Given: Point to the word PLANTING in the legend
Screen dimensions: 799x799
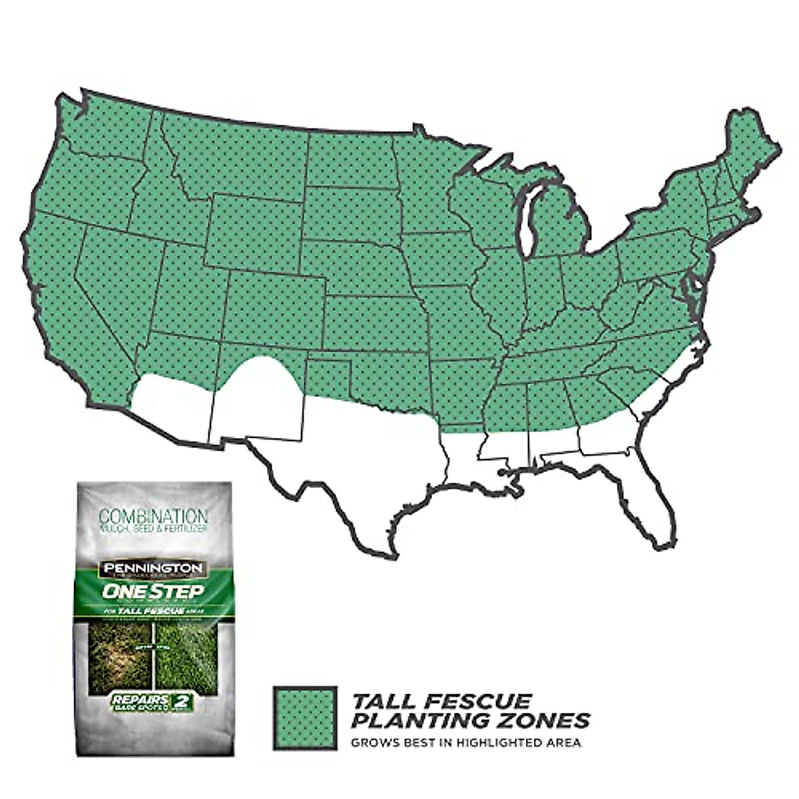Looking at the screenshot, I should [417, 720].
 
